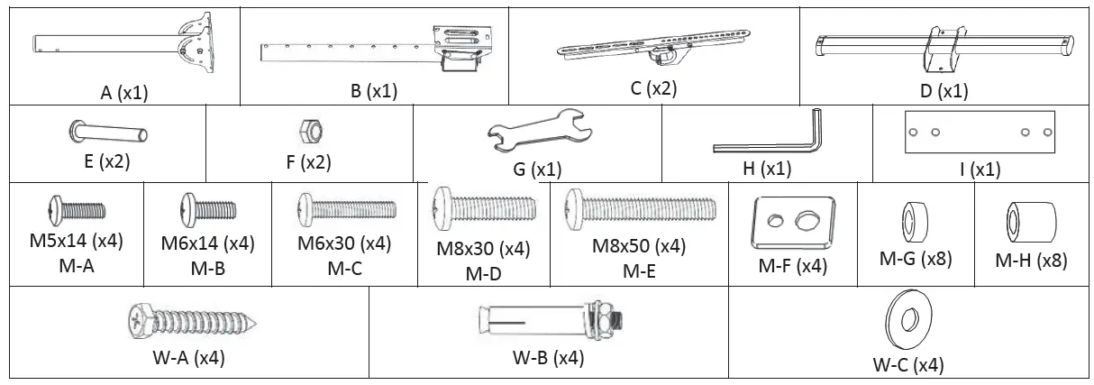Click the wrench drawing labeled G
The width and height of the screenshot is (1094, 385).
pos(535,133)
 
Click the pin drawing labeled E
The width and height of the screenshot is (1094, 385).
pos(107,133)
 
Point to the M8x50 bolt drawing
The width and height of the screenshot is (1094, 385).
pos(638,210)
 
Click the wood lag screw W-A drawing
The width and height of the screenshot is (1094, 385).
pos(195,322)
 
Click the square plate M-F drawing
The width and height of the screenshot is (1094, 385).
pos(789,221)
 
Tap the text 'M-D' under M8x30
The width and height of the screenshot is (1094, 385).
pos(483,275)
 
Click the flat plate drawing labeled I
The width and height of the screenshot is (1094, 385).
pos(980,132)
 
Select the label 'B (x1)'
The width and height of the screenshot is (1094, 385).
pos(374,91)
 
